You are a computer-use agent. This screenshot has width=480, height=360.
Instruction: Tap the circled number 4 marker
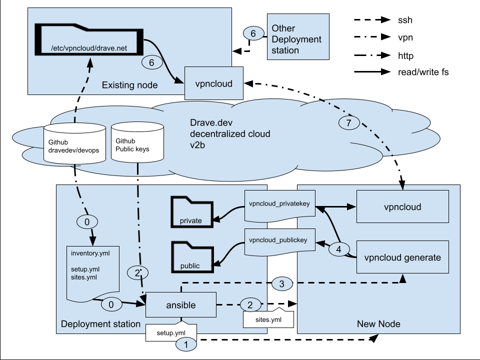pyautogui.click(x=339, y=249)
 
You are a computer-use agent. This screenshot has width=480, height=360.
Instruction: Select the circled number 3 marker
pyautogui.click(x=281, y=284)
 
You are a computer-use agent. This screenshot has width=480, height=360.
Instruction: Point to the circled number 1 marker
pyautogui.click(x=186, y=343)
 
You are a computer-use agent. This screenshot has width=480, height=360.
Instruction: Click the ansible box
pyautogui.click(x=180, y=304)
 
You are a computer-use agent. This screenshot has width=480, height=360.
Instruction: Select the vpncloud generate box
pyautogui.click(x=403, y=257)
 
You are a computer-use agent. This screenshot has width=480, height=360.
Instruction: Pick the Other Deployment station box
pyautogui.click(x=298, y=37)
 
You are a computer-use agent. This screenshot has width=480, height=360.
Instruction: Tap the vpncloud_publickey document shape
pyautogui.click(x=280, y=240)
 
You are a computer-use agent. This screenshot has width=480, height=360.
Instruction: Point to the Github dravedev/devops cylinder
pyautogui.click(x=74, y=145)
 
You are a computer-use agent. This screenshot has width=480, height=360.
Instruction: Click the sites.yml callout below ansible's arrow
pyautogui.click(x=267, y=318)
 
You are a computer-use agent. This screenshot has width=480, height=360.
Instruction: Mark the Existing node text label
pyautogui.click(x=129, y=85)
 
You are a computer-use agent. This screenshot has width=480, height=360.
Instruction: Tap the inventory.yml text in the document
pyautogui.click(x=90, y=253)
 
